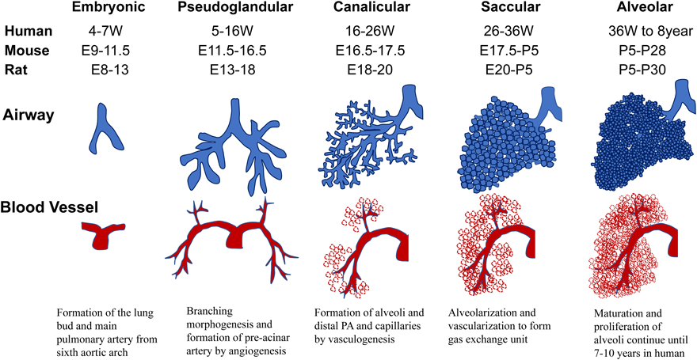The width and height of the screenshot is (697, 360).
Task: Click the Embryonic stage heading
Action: (108, 9)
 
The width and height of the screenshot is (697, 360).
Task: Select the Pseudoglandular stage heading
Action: (237, 9)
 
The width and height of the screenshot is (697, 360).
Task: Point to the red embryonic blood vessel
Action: (105, 233)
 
